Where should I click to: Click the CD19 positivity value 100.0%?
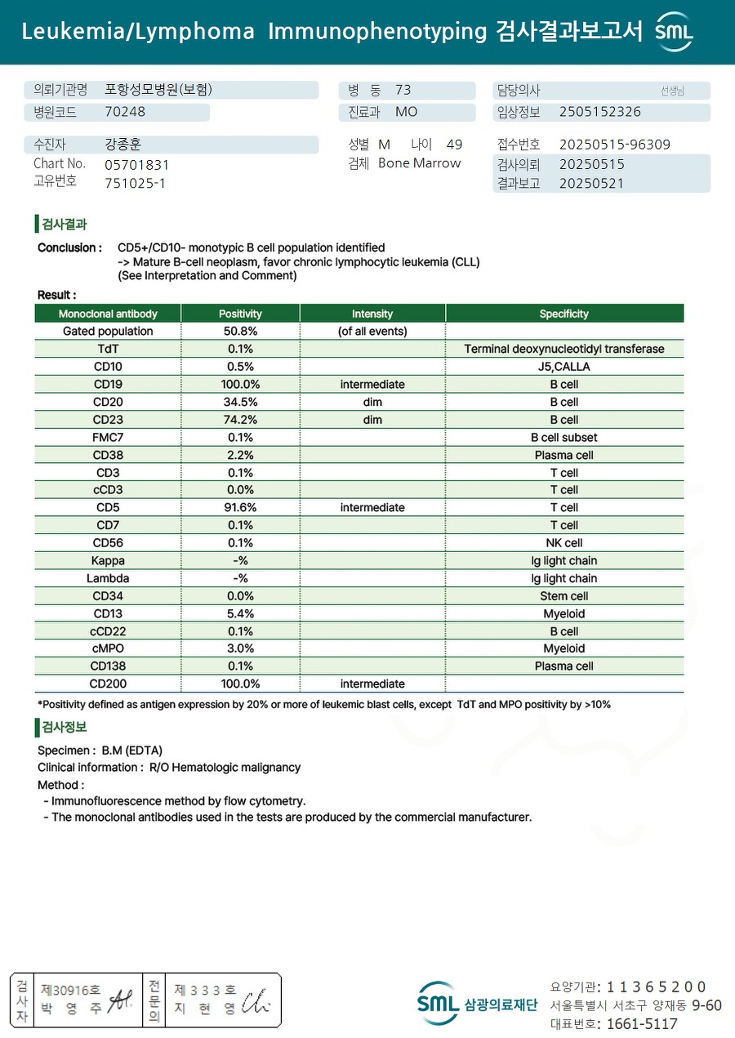click(x=240, y=384)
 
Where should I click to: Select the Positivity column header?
click(x=240, y=314)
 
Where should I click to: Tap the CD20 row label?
click(x=108, y=402)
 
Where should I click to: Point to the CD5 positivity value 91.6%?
click(x=240, y=507)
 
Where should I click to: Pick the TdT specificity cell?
click(x=563, y=349)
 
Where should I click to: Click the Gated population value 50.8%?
click(x=240, y=331)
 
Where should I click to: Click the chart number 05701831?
click(x=137, y=164)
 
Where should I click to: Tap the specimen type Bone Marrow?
click(x=419, y=163)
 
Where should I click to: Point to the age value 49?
click(x=454, y=145)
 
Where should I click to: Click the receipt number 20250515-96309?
click(x=614, y=145)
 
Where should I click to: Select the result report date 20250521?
click(x=591, y=183)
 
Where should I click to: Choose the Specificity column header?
click(x=563, y=314)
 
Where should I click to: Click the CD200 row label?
click(x=108, y=684)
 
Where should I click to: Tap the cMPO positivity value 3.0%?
click(x=240, y=648)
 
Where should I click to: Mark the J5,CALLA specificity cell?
click(x=563, y=367)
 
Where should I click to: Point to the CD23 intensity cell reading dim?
click(x=372, y=420)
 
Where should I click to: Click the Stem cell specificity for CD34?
click(x=563, y=596)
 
